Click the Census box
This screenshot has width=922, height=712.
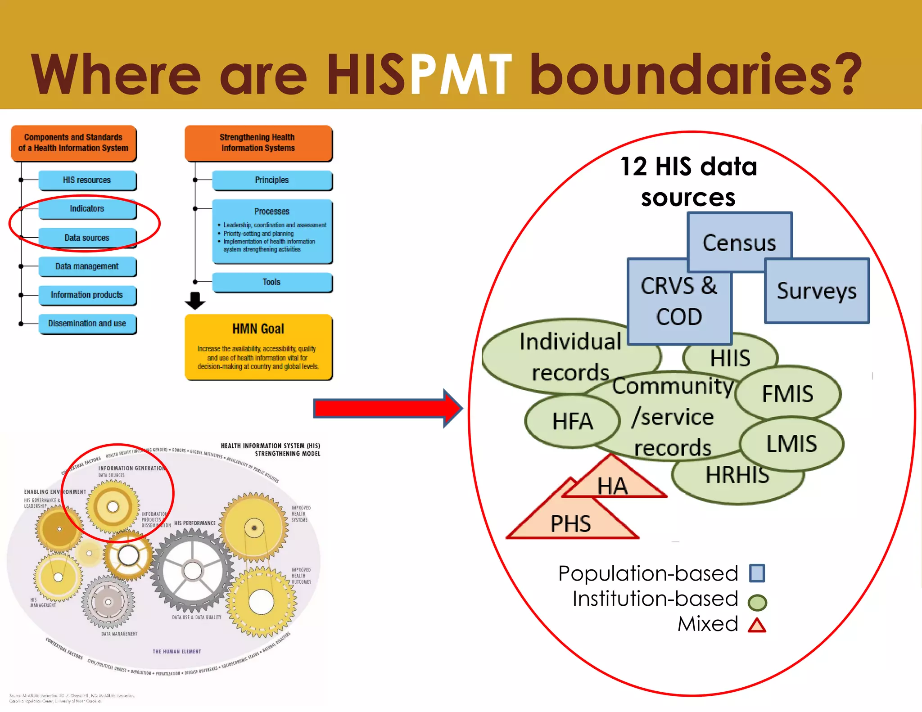point(739,242)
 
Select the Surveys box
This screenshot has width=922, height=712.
point(817,291)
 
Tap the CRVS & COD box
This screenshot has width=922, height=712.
point(679,301)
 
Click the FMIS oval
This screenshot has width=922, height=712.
point(788,393)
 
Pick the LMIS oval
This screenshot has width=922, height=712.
point(791,444)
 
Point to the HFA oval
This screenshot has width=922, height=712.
point(572,421)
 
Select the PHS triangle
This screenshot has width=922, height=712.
point(571,522)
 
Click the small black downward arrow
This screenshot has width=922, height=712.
point(195,301)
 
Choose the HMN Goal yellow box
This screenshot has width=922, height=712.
point(258,347)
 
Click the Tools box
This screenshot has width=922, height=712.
point(272,282)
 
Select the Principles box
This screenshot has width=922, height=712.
point(272,180)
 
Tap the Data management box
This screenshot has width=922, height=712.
point(87,266)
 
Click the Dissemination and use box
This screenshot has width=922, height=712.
point(87,324)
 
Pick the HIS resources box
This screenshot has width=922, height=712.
point(87,180)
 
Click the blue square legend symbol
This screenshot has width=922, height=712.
point(757,573)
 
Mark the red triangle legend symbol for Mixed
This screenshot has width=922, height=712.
point(757,626)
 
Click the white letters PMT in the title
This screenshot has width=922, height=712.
point(461,74)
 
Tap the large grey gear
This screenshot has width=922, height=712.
point(193,571)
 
